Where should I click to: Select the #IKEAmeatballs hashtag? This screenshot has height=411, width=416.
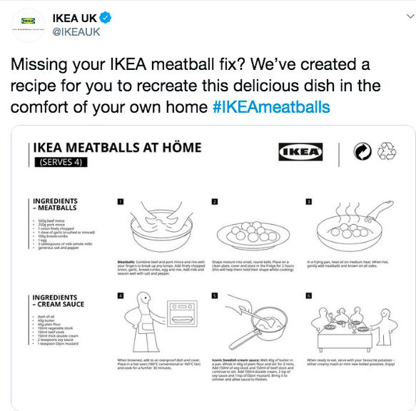(x=271, y=108)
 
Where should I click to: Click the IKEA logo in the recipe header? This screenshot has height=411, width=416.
(x=300, y=152)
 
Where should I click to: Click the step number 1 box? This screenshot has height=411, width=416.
(x=121, y=201)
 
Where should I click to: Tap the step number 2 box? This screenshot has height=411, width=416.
(x=215, y=201)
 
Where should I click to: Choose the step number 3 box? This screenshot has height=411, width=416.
(x=308, y=201)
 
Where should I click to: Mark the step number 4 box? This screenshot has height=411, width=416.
(x=121, y=295)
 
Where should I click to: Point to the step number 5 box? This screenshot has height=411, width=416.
(x=215, y=295)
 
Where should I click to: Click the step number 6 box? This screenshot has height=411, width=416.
(x=308, y=295)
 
